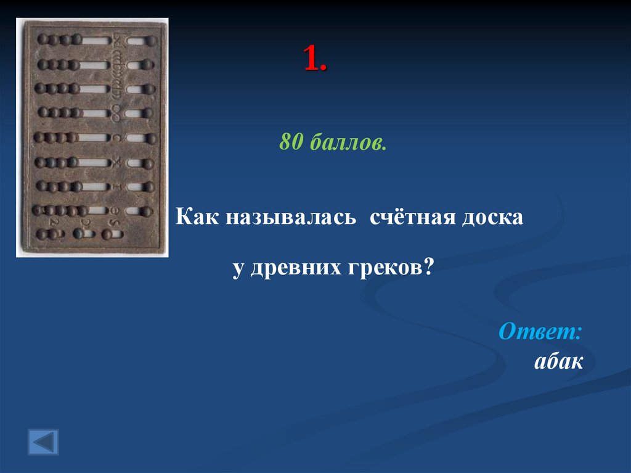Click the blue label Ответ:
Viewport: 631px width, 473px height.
pyautogui.click(x=540, y=331)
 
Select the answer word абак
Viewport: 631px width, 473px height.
pyautogui.click(x=558, y=361)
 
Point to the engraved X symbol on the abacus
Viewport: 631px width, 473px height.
pyautogui.click(x=116, y=162)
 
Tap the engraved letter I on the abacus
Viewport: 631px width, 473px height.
pyautogui.click(x=116, y=186)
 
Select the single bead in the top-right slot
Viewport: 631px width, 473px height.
pyautogui.click(x=148, y=41)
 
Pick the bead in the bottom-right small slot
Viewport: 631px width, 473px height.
pyautogui.click(x=107, y=234)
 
